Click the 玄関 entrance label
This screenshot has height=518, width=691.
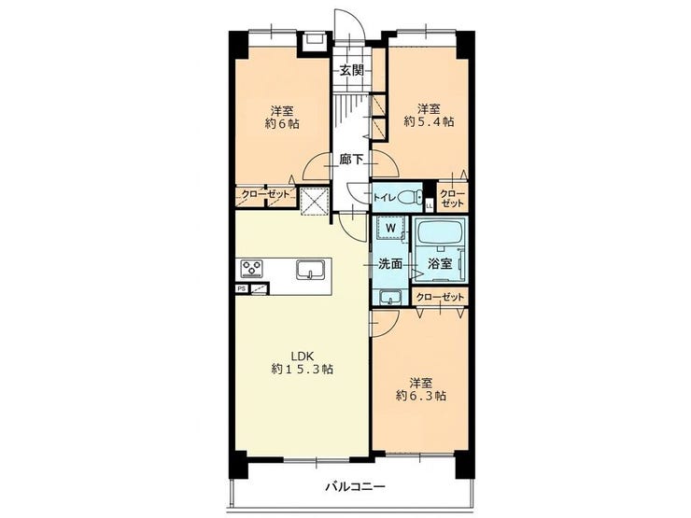pyautogui.click(x=351, y=71)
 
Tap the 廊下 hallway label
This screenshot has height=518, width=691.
pyautogui.click(x=351, y=160)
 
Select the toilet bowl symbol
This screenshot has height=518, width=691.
pyautogui.click(x=409, y=197)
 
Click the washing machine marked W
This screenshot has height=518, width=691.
pyautogui.click(x=390, y=228)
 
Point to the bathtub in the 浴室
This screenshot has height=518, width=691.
pyautogui.click(x=440, y=232)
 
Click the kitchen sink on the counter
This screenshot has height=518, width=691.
pyautogui.click(x=311, y=270)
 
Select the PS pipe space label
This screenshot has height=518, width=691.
pyautogui.click(x=241, y=289)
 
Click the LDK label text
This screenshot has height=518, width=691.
pyautogui.click(x=302, y=355)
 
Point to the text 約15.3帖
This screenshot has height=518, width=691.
pyautogui.click(x=302, y=369)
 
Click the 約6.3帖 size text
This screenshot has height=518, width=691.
pyautogui.click(x=421, y=396)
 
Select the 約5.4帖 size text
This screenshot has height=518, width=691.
pyautogui.click(x=429, y=122)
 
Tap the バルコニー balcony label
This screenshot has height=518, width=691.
pyautogui.click(x=355, y=486)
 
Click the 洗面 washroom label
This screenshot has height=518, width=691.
pyautogui.click(x=390, y=264)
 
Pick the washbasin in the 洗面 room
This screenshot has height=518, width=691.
pyautogui.click(x=390, y=299)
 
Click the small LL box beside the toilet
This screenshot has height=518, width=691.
pyautogui.click(x=430, y=204)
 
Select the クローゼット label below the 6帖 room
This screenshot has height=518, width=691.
pyautogui.click(x=265, y=194)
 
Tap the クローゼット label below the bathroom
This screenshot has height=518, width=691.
pyautogui.click(x=440, y=298)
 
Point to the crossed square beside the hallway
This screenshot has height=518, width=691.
pyautogui.click(x=314, y=203)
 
